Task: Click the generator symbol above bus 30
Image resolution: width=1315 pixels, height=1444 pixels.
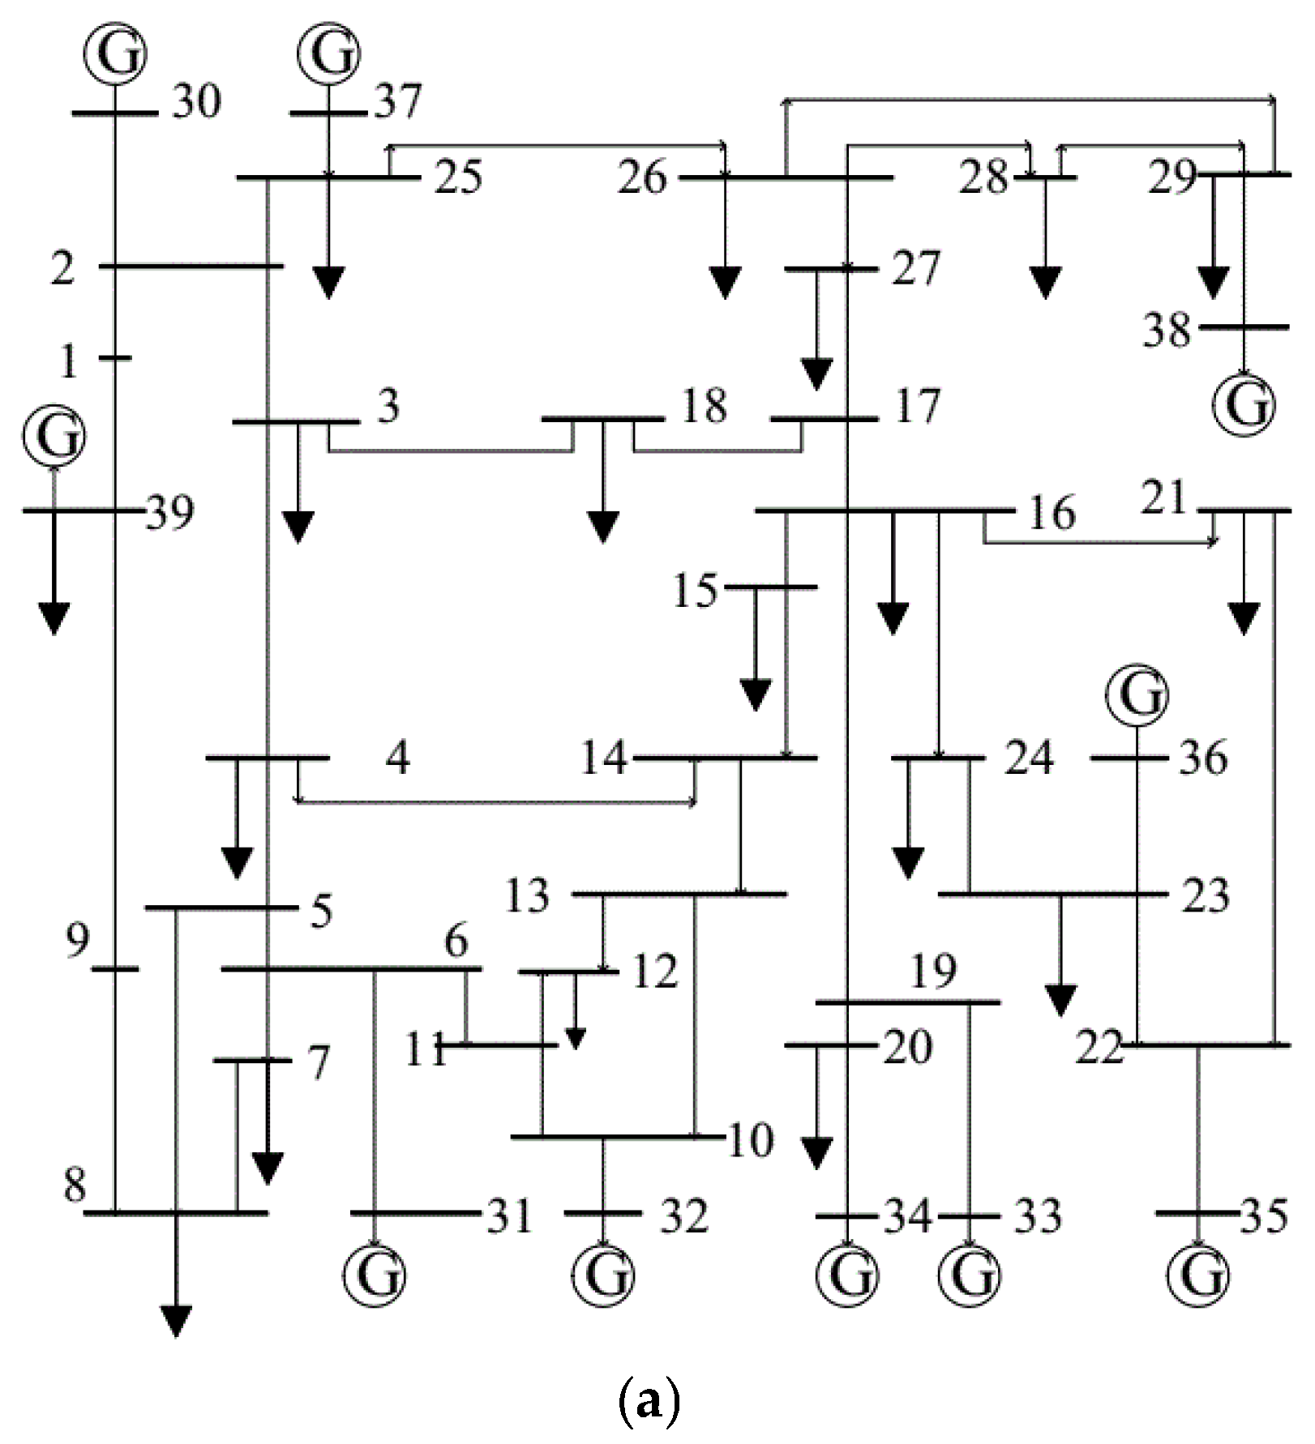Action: pyautogui.click(x=115, y=53)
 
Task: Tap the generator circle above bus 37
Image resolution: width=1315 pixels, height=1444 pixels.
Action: pyautogui.click(x=328, y=53)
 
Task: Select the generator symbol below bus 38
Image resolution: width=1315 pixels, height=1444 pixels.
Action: pyautogui.click(x=1244, y=404)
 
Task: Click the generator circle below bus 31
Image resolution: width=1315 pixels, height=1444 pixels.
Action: pyautogui.click(x=374, y=1275)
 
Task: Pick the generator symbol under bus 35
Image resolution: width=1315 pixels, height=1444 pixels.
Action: pyautogui.click(x=1198, y=1275)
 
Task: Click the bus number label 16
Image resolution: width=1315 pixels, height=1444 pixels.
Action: pyautogui.click(x=1052, y=514)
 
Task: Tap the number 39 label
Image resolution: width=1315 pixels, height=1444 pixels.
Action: pyautogui.click(x=170, y=514)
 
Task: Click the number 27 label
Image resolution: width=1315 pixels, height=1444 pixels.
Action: pyautogui.click(x=915, y=269)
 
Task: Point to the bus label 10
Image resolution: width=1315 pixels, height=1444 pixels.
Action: pyautogui.click(x=751, y=1141)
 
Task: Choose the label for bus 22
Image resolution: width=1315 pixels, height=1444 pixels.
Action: pyautogui.click(x=1099, y=1048)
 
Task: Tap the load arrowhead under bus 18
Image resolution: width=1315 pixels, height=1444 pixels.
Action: pyautogui.click(x=602, y=528)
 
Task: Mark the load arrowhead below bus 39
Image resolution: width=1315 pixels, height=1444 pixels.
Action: pyautogui.click(x=54, y=619)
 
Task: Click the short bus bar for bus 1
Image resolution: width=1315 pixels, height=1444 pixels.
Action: pyautogui.click(x=115, y=357)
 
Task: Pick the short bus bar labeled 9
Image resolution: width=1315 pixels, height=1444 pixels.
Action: pyautogui.click(x=115, y=969)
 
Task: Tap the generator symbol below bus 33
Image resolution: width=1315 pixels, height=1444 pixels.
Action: pyautogui.click(x=969, y=1275)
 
